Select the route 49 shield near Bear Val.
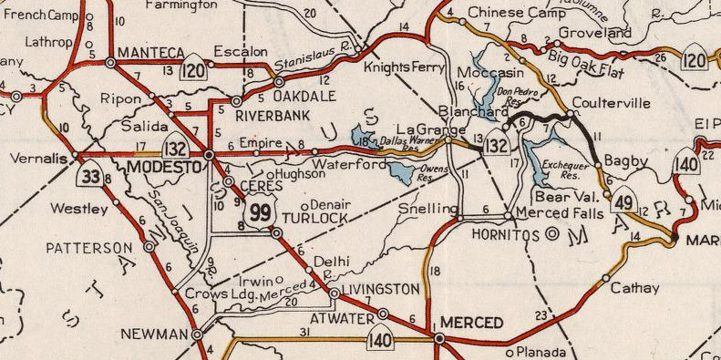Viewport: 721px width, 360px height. coord(624,202)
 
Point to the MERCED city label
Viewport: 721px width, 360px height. coord(471,323)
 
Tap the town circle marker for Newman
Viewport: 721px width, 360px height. coord(197,335)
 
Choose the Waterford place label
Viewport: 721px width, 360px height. coord(347,165)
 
